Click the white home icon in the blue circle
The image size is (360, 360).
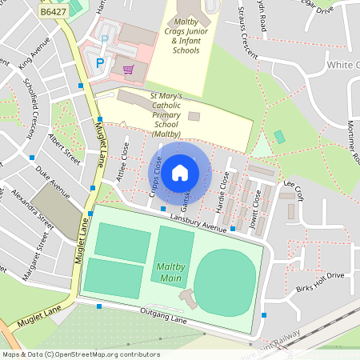pos(180,172)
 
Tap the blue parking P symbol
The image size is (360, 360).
pos(100,62)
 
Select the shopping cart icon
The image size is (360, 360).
pos(128,69)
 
